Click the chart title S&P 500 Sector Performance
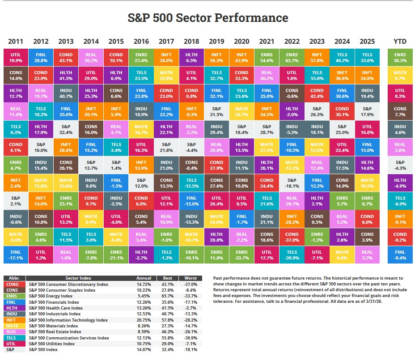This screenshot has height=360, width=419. point(208,18)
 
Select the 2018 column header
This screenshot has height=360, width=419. point(191,42)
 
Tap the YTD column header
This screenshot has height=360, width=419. point(400,42)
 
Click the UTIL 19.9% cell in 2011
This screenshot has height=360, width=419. point(15,57)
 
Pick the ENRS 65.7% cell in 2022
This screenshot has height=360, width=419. point(292,57)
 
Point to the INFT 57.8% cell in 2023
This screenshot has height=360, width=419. point(317,57)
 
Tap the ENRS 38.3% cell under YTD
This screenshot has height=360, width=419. point(400,57)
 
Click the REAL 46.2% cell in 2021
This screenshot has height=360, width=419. point(267,75)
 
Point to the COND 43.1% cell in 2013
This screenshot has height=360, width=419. point(66,57)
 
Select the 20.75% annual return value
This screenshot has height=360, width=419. point(144,320)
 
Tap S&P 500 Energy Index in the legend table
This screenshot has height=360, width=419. point(51,296)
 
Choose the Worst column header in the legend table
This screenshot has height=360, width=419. point(190,278)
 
